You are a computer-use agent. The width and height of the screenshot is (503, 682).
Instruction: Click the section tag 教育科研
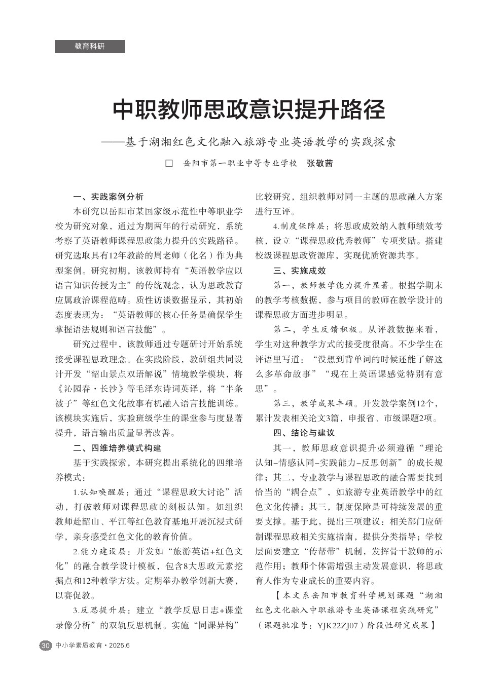pyautogui.click(x=89, y=47)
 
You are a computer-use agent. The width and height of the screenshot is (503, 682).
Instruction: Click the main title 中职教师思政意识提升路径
pyautogui.click(x=249, y=109)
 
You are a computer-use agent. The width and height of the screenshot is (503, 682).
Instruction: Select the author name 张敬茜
pyautogui.click(x=320, y=164)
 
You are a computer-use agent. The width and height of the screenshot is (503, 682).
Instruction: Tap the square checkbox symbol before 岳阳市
pyautogui.click(x=170, y=164)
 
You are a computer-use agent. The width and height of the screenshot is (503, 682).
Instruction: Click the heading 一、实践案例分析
pyautogui.click(x=109, y=197)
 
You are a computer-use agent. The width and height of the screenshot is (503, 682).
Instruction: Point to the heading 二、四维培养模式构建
pyautogui.click(x=117, y=448)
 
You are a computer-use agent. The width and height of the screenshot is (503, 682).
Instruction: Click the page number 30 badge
pyautogui.click(x=46, y=646)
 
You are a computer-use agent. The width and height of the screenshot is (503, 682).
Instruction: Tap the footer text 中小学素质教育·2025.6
pyautogui.click(x=93, y=646)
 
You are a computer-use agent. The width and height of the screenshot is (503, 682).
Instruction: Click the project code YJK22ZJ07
pyautogui.click(x=338, y=625)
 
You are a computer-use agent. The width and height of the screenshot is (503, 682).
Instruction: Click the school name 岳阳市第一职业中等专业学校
pyautogui.click(x=240, y=164)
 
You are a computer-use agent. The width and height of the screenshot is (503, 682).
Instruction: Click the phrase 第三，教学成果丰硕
pyautogui.click(x=311, y=403)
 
